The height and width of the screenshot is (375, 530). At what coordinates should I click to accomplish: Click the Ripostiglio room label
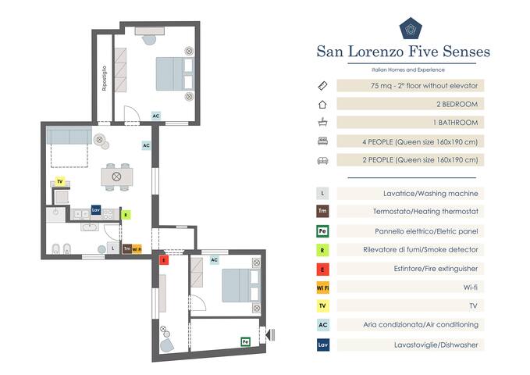pyautogui.click(x=104, y=78)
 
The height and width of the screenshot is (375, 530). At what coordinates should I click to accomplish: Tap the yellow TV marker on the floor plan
pyautogui.click(x=59, y=181)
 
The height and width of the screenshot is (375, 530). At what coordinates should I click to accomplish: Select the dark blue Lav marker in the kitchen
pyautogui.click(x=96, y=210)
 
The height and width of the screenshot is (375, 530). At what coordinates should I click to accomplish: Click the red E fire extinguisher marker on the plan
pyautogui.click(x=163, y=260)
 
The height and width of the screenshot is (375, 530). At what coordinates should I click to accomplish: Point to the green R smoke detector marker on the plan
pyautogui.click(x=126, y=213)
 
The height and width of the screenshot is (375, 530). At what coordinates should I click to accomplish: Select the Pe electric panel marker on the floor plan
pyautogui.click(x=244, y=341)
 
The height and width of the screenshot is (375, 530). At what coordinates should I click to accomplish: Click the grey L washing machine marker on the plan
pyautogui.click(x=114, y=248)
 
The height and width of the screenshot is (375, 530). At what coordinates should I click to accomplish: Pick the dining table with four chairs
pyautogui.click(x=116, y=177)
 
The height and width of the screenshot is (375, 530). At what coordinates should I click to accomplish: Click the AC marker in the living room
pyautogui.click(x=146, y=145)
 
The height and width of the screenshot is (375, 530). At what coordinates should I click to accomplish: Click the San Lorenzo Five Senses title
pyautogui.click(x=403, y=52)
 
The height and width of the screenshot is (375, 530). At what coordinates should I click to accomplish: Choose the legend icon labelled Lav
pyautogui.click(x=322, y=345)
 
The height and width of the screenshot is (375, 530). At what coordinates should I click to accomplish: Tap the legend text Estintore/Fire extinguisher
pyautogui.click(x=421, y=268)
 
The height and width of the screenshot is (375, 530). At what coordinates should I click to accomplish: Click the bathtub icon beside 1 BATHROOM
pyautogui.click(x=322, y=123)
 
